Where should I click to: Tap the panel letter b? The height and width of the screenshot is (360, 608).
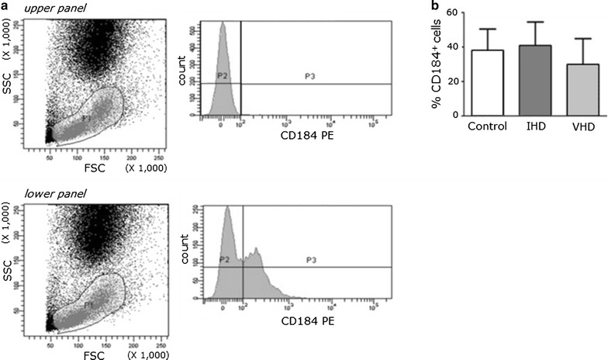(434, 7)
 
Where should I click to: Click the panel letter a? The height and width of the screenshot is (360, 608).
(5, 7)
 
